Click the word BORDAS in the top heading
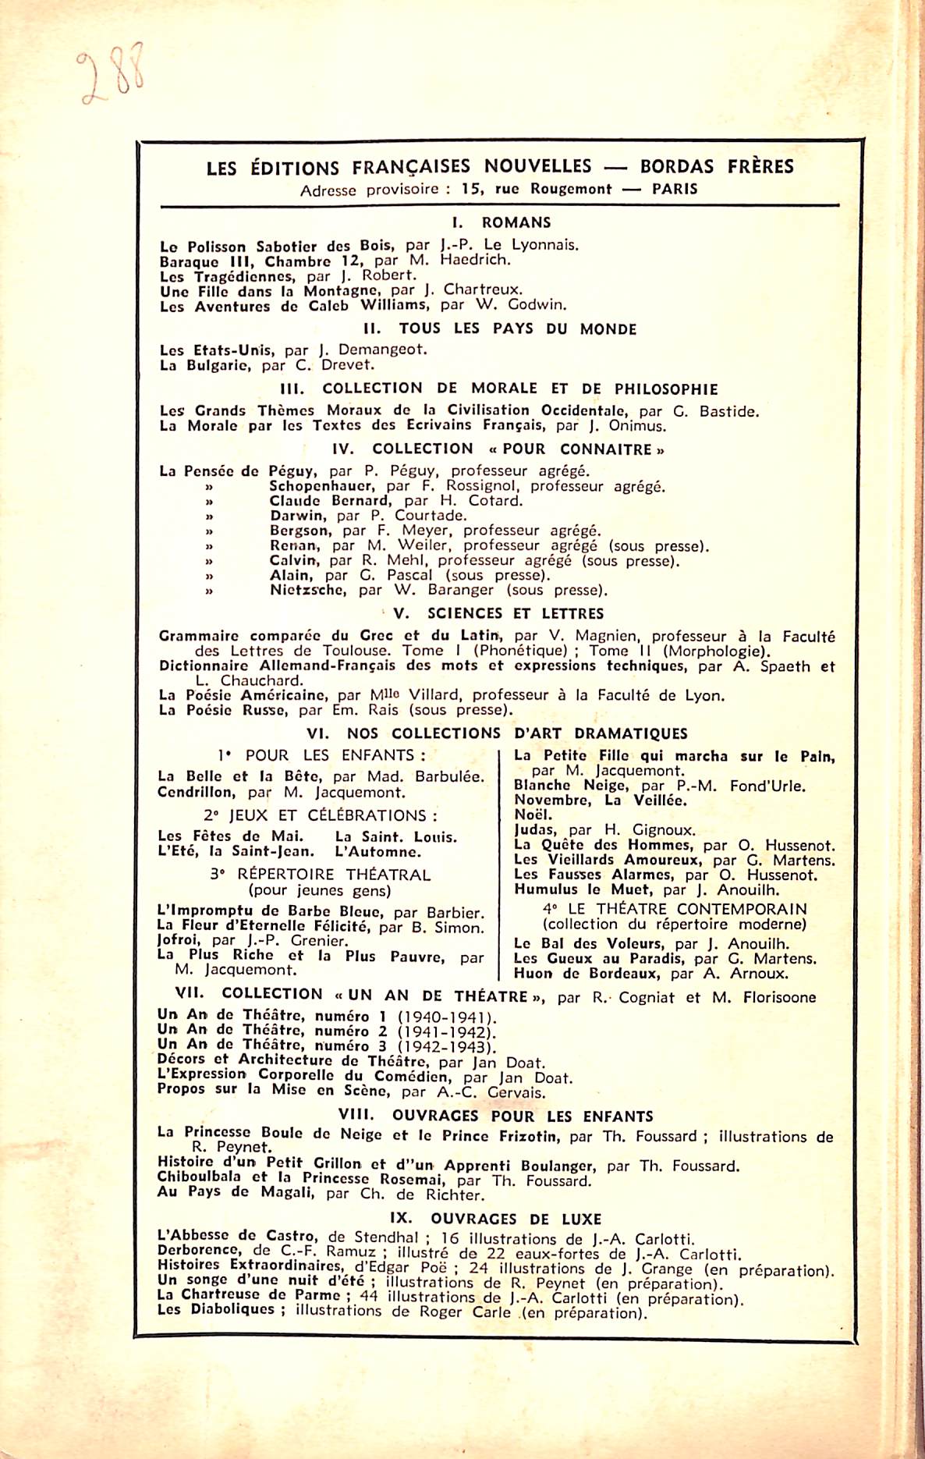(677, 166)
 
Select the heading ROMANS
(516, 222)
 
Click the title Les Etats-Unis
(215, 350)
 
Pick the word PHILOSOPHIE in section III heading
(666, 389)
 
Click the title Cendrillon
(196, 793)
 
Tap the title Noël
(533, 815)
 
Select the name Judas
(534, 830)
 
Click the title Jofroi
(179, 941)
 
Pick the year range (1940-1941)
(446, 1017)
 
